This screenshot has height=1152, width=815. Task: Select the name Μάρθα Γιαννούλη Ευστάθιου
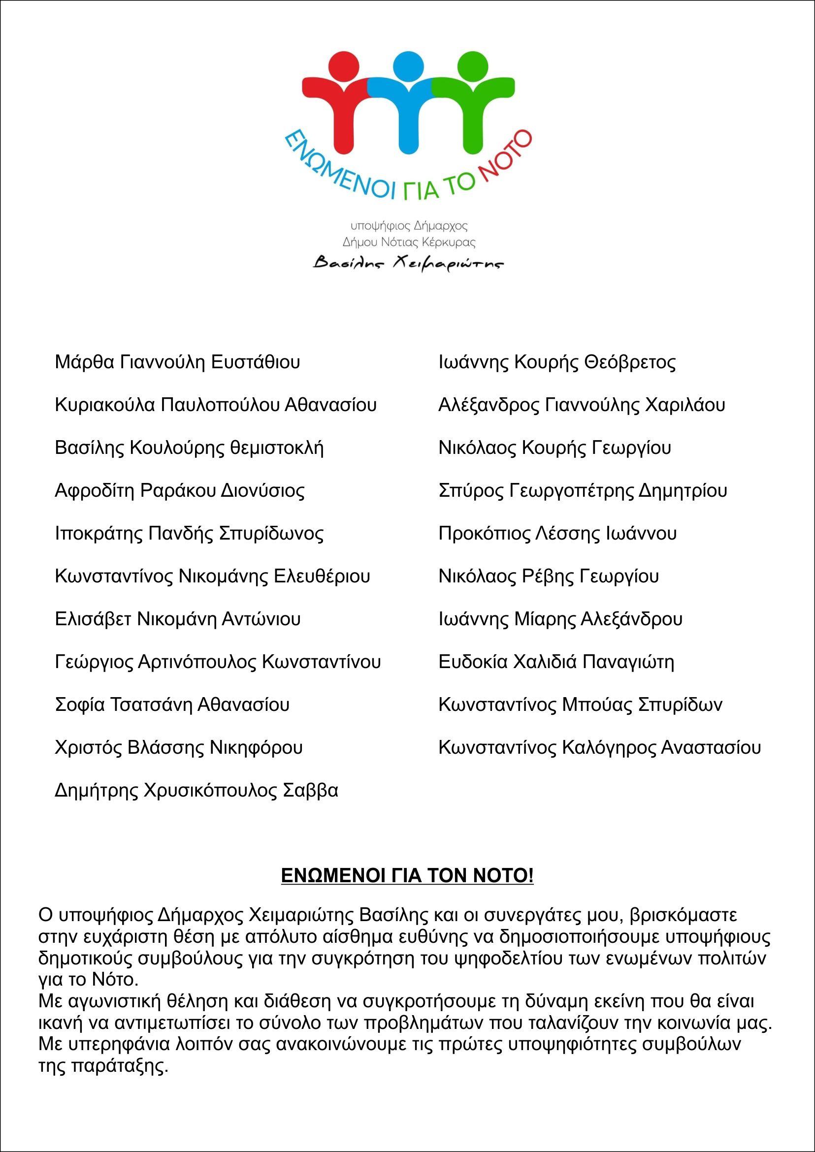(x=177, y=362)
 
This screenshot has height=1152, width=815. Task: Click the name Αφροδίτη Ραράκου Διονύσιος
(x=179, y=491)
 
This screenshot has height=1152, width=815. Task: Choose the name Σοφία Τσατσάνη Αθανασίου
(x=172, y=705)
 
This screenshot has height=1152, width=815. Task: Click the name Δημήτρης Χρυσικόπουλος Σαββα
(x=196, y=791)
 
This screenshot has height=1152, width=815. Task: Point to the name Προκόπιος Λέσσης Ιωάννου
(x=557, y=533)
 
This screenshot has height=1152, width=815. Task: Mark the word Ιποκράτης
(x=98, y=533)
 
